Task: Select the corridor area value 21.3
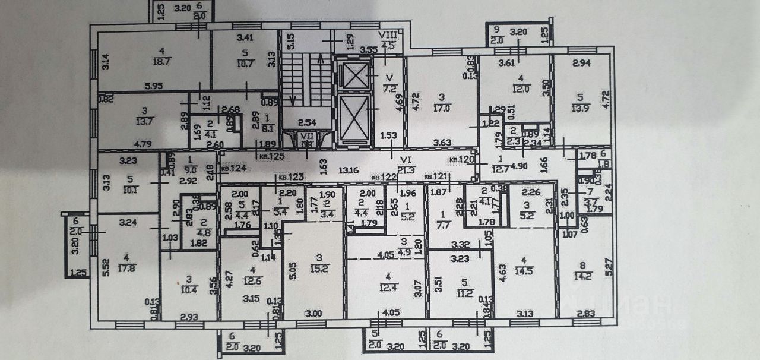406,171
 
